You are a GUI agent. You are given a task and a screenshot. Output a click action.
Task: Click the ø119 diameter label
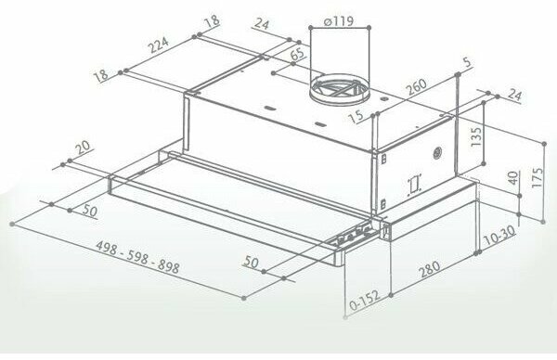point(339,21)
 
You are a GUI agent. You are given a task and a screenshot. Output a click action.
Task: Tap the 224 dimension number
point(158,45)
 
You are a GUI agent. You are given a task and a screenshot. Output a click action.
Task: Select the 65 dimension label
point(297,54)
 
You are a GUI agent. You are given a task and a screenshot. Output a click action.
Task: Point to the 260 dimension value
point(416,87)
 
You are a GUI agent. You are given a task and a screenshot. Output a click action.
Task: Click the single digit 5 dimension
point(468,62)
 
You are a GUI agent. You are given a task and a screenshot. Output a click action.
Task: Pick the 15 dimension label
point(356,116)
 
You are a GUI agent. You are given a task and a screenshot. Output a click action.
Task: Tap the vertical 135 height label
point(475,136)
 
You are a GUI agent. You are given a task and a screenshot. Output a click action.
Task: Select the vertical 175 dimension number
point(538,177)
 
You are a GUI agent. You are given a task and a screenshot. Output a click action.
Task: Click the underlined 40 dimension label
point(513,177)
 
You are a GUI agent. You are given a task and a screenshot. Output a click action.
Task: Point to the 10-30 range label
point(499,235)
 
